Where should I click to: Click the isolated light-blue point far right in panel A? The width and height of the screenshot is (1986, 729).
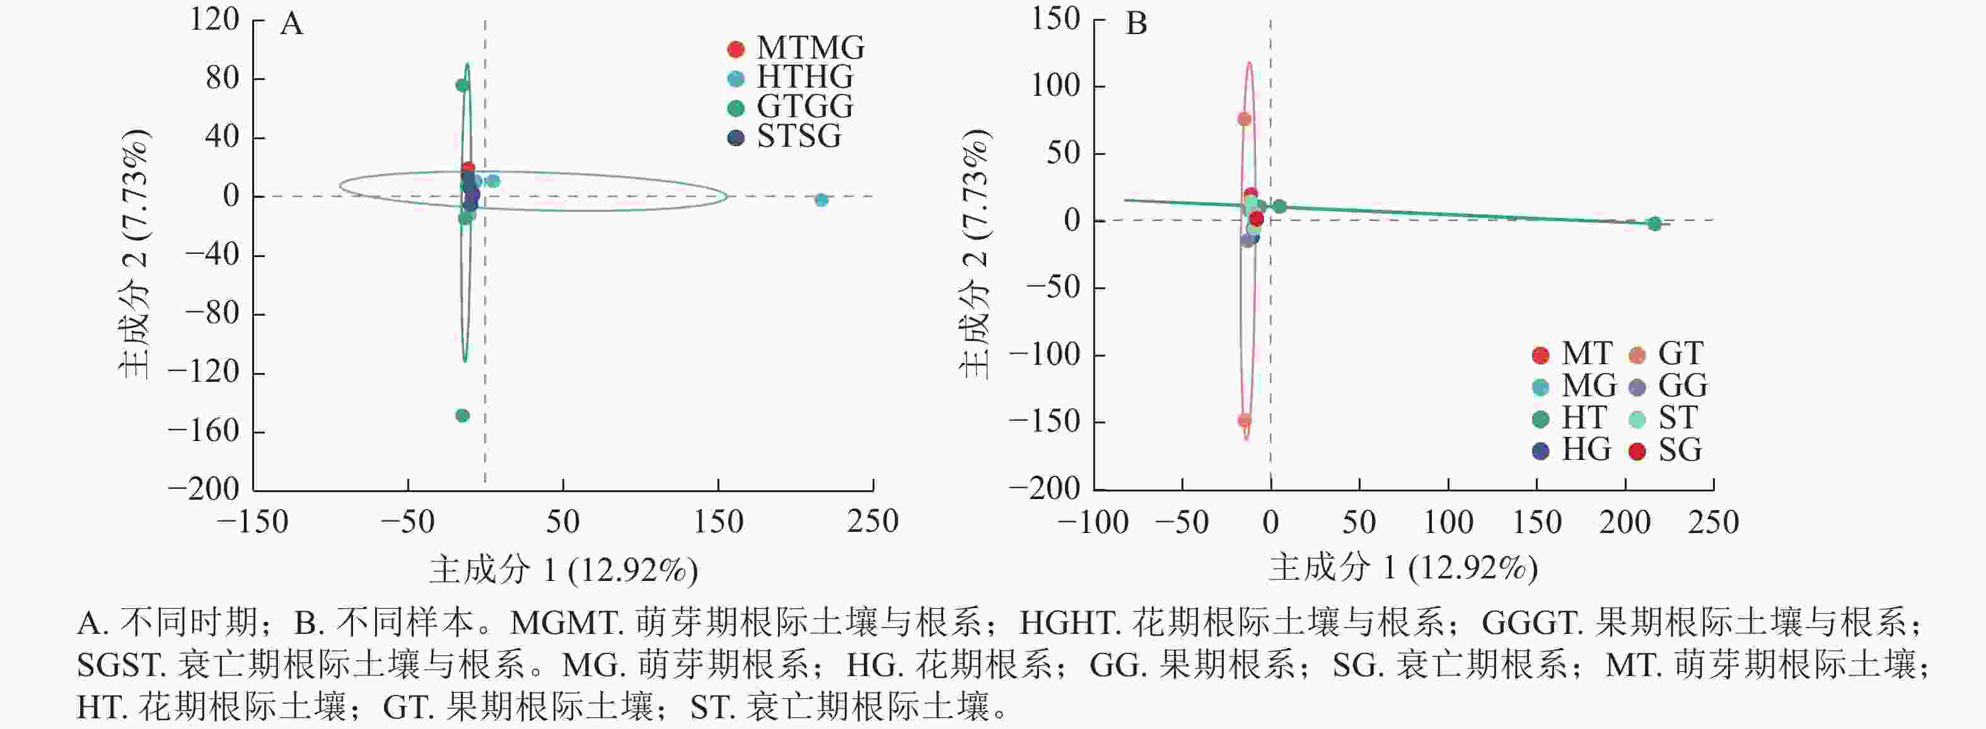click(821, 200)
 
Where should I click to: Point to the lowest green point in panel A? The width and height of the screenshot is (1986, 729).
click(463, 416)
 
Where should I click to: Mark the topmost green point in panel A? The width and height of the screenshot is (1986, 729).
click(463, 86)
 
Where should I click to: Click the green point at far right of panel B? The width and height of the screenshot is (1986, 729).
click(1654, 224)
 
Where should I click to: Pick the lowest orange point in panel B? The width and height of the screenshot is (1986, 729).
click(1245, 421)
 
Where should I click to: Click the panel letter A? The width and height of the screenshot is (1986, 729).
click(291, 25)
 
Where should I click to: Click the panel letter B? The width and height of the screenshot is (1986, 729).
click(1136, 25)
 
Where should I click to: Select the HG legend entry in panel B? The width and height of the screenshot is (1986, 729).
click(1573, 450)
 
